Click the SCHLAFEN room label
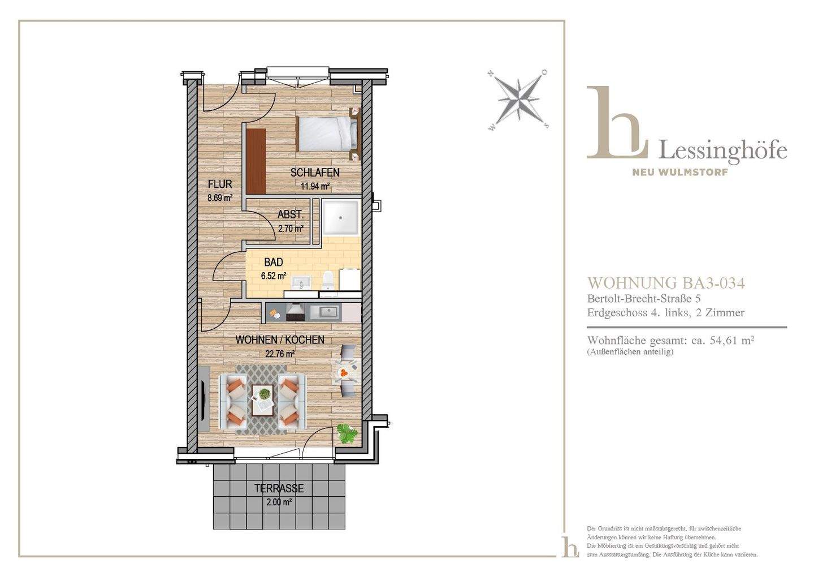[x=315, y=173]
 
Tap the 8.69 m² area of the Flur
[x=220, y=198]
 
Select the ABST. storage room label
[x=291, y=214]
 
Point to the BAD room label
[x=273, y=262]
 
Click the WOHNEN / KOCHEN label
[x=280, y=339]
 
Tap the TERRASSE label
[x=279, y=488]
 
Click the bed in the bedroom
[x=327, y=134]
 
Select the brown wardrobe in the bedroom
[x=256, y=161]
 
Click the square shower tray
[x=341, y=217]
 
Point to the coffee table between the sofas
[x=262, y=399]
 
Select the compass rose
[x=517, y=100]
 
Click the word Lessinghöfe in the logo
[x=723, y=150]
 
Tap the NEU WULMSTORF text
[x=680, y=172]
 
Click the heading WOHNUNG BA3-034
[x=666, y=283]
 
